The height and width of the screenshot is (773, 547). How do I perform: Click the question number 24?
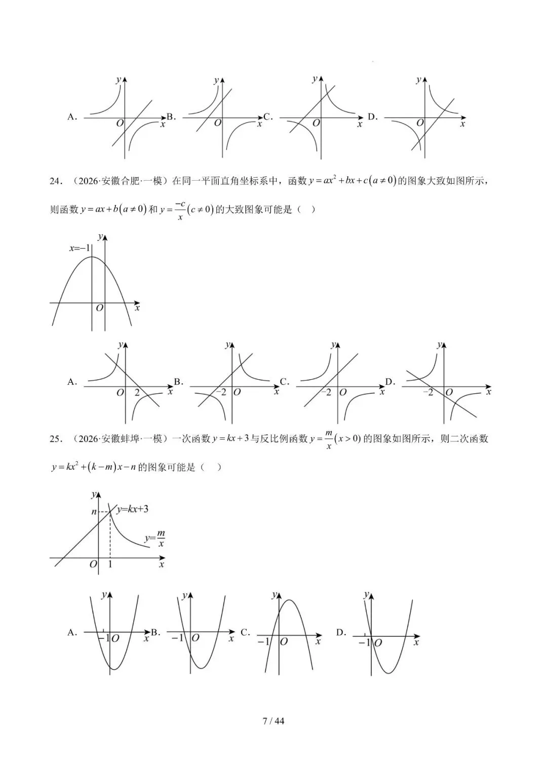coord(55,181)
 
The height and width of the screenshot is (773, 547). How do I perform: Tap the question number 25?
coord(55,439)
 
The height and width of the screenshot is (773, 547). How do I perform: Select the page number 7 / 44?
coord(273,720)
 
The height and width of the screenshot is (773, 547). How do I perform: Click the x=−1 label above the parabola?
coord(80,248)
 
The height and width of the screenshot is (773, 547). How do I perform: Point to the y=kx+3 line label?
coord(132,509)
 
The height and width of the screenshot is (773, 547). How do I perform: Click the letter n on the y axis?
coord(94,512)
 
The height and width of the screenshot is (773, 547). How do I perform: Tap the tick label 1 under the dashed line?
coord(110,564)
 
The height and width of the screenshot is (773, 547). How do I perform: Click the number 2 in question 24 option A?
coord(137,392)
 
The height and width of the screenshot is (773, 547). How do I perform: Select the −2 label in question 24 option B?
coord(221,392)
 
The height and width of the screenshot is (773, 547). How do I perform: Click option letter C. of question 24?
coord(284,382)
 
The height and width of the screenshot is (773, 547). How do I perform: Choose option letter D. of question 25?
coord(341,632)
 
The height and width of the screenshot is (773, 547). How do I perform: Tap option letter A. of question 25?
coord(72,632)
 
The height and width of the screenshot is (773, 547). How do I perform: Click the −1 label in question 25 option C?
coord(263,641)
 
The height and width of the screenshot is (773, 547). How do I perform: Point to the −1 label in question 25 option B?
coord(177,638)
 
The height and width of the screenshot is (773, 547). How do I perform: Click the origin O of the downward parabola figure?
coord(99,308)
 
